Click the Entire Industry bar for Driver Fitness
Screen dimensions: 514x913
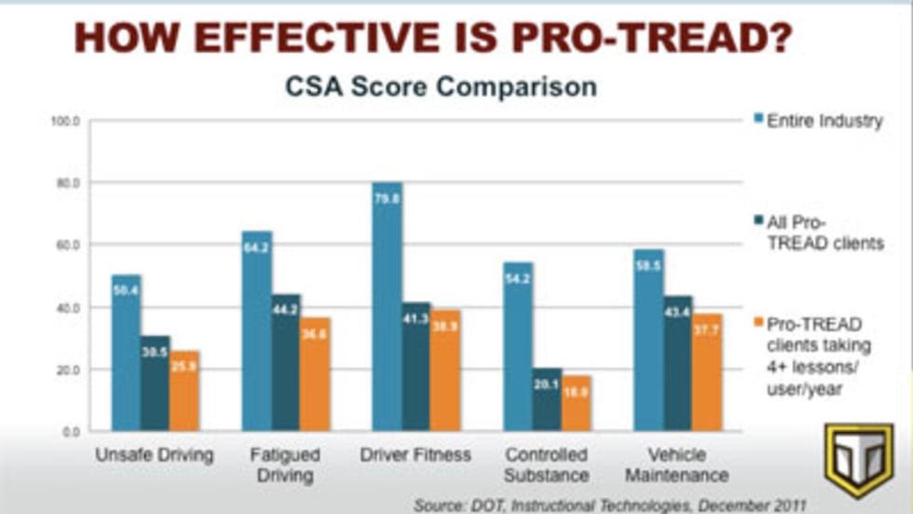pos(387,307)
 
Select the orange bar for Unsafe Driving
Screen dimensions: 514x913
pos(184,391)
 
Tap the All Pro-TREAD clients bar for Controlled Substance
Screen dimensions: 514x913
pos(547,399)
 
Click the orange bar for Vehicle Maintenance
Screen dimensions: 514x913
pos(707,372)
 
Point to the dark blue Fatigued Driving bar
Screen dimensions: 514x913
pos(286,363)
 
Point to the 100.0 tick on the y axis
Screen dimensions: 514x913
pos(70,121)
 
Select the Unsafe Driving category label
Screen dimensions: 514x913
pos(155,455)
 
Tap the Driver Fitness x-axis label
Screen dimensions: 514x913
pos(416,455)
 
